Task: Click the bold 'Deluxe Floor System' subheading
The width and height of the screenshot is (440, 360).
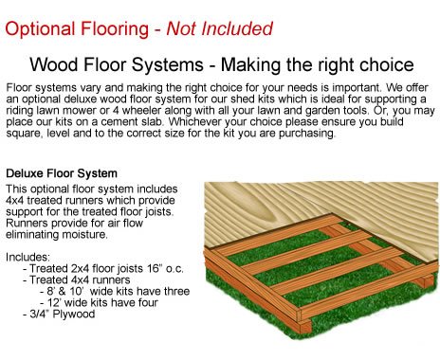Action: [x=62, y=174]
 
